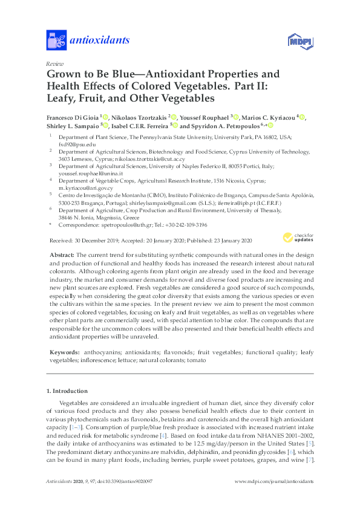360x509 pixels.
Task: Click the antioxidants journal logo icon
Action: [56, 40]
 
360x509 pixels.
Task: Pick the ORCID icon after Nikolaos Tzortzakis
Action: [174, 117]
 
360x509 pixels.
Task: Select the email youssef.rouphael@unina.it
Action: [91, 172]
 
